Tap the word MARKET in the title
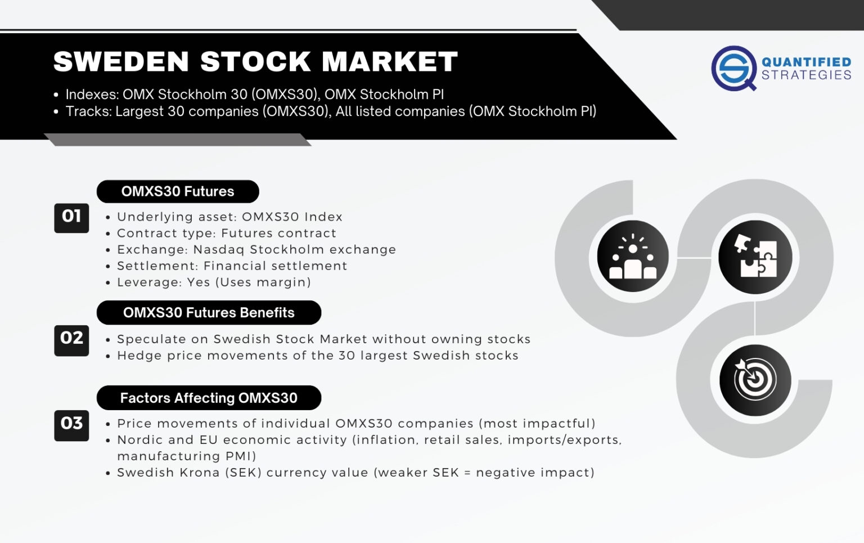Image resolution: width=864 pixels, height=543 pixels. point(390,62)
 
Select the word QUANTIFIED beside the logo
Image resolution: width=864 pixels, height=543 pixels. point(806,62)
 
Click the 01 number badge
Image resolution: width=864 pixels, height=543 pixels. point(71,217)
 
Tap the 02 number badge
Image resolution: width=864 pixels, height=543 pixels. point(71,339)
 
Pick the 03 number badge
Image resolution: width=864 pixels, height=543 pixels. point(71,425)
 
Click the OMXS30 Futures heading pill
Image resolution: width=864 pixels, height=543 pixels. point(178,192)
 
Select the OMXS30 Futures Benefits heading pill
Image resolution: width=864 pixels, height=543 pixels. point(209,313)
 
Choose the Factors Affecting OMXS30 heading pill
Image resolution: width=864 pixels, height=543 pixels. point(209,398)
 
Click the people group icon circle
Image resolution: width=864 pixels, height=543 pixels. point(633,257)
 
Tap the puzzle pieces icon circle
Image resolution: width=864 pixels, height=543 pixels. point(755,257)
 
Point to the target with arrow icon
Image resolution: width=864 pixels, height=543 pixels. point(755,380)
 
